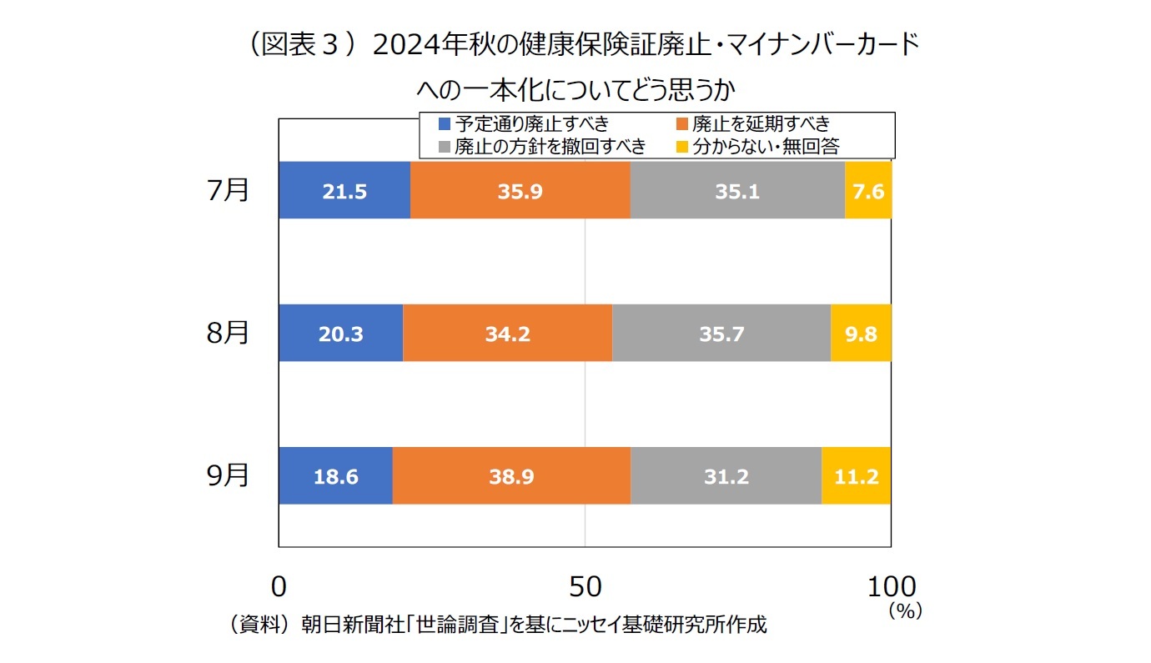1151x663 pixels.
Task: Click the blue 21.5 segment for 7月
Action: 344,191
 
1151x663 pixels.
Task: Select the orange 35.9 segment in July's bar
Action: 520,191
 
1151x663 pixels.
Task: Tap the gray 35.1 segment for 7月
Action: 737,191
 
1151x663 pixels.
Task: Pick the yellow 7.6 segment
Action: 868,191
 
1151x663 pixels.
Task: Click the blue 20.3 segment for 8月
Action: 340,334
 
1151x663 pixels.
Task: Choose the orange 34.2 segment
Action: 507,334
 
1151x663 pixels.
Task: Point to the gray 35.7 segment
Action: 721,334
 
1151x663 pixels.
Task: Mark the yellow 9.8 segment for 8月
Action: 861,334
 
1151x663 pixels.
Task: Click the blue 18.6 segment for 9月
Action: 335,476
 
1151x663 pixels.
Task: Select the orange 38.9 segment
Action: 511,476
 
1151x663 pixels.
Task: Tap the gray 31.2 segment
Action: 726,476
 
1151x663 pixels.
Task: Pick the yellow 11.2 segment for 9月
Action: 857,476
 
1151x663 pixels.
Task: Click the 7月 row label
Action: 228,190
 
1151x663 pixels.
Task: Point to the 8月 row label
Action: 228,333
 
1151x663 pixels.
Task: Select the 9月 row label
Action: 228,475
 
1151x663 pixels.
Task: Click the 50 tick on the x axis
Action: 585,586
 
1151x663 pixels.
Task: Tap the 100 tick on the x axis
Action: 891,586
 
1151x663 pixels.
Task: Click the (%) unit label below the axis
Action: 904,610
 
